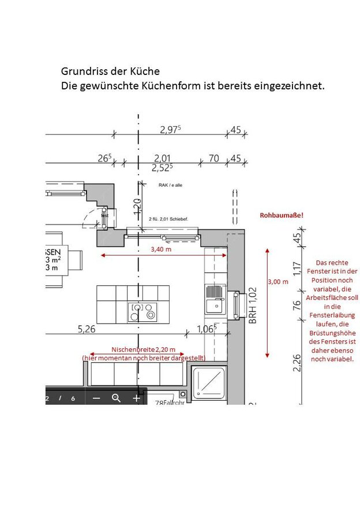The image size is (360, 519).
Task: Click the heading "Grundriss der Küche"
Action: (x=110, y=72)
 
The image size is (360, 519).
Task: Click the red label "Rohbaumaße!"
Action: (x=282, y=215)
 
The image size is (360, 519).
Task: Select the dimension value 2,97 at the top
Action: (x=170, y=130)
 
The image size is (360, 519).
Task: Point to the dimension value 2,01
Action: (x=162, y=159)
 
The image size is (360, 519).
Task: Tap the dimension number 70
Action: (x=213, y=159)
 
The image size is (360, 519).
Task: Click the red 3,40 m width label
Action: (x=161, y=249)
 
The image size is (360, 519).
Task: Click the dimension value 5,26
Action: (x=87, y=330)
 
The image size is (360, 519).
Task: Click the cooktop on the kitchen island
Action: (x=142, y=311)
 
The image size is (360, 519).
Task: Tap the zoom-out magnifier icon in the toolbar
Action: (x=116, y=398)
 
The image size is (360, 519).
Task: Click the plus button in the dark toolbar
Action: (x=137, y=398)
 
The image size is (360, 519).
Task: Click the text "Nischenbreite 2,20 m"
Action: (x=147, y=350)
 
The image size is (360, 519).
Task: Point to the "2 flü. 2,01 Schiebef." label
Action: (x=169, y=220)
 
